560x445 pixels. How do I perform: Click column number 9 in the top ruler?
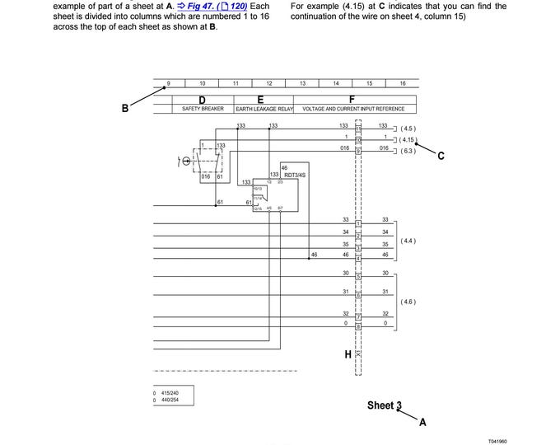[x=169, y=83]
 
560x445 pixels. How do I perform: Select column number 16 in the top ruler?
[x=402, y=83]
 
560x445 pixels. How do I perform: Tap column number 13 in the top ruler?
[x=302, y=83]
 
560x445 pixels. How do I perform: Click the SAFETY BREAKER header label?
[x=203, y=109]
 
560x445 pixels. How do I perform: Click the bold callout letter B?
[x=125, y=107]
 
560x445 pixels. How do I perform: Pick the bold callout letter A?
[x=422, y=422]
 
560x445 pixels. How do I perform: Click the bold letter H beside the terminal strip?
[x=348, y=354]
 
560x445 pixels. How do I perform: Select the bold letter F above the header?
[x=352, y=99]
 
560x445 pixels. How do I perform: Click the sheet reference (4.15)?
[x=409, y=140]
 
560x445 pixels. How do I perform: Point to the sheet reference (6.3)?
[x=408, y=151]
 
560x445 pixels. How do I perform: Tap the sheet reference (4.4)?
[x=408, y=241]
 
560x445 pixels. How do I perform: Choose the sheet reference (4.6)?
[x=408, y=302]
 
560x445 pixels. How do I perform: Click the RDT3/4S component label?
[x=296, y=175]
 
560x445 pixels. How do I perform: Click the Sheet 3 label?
[x=384, y=405]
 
